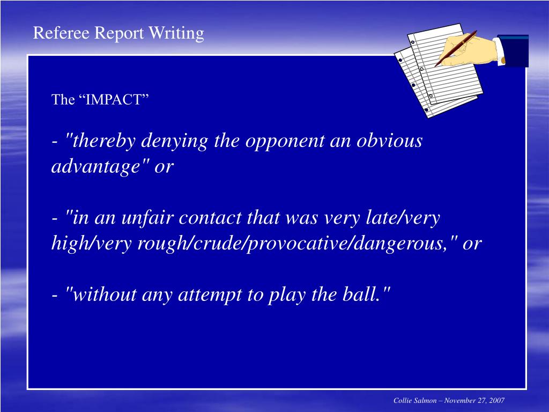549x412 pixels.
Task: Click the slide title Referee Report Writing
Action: click(x=118, y=33)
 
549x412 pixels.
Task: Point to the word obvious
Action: click(x=389, y=141)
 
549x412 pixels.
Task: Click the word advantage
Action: click(x=93, y=166)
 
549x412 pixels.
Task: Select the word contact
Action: click(x=211, y=218)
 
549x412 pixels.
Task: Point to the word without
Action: click(x=102, y=295)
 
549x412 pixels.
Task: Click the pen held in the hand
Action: click(x=456, y=48)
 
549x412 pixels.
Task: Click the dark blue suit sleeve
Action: click(x=513, y=50)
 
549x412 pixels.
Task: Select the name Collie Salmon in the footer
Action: click(x=415, y=401)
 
